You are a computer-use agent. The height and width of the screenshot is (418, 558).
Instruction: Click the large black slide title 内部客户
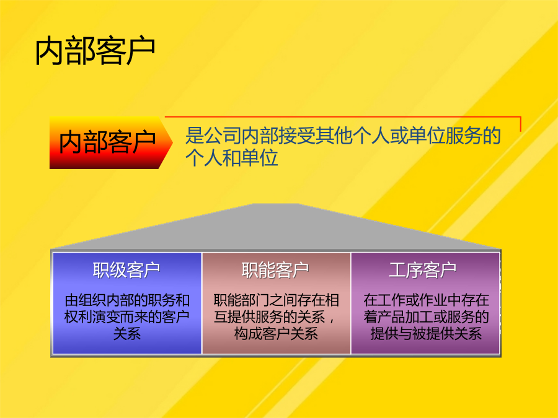[x=95, y=51]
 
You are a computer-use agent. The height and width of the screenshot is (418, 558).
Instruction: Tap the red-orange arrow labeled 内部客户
[x=111, y=142]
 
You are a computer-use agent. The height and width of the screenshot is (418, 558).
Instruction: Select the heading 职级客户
[x=126, y=270]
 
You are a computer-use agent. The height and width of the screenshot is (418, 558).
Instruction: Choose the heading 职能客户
[x=275, y=270]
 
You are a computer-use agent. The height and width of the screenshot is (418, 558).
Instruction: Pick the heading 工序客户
[x=423, y=270]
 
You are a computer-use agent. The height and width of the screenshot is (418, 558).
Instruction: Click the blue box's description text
[x=126, y=317]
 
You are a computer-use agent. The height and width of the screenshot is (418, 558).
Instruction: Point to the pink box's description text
[x=276, y=317]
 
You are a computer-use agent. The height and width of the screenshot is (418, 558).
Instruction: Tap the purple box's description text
[x=426, y=317]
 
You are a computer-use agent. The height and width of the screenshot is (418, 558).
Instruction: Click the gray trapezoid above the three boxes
[x=276, y=227]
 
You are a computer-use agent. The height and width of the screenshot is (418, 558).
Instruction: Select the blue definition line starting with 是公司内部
[x=343, y=136]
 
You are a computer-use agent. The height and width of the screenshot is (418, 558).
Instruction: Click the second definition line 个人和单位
[x=231, y=158]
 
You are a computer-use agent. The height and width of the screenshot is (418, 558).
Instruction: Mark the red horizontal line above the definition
[x=343, y=116]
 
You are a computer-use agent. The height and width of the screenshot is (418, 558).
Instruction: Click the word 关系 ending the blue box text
[x=126, y=334]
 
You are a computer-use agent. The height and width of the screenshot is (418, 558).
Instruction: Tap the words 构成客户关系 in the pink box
[x=276, y=334]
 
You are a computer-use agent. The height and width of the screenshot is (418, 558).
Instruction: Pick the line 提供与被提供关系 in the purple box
[x=426, y=334]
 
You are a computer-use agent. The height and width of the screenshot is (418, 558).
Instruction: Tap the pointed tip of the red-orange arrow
[x=172, y=142]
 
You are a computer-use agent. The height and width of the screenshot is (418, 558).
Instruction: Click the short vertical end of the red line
[x=521, y=124]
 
